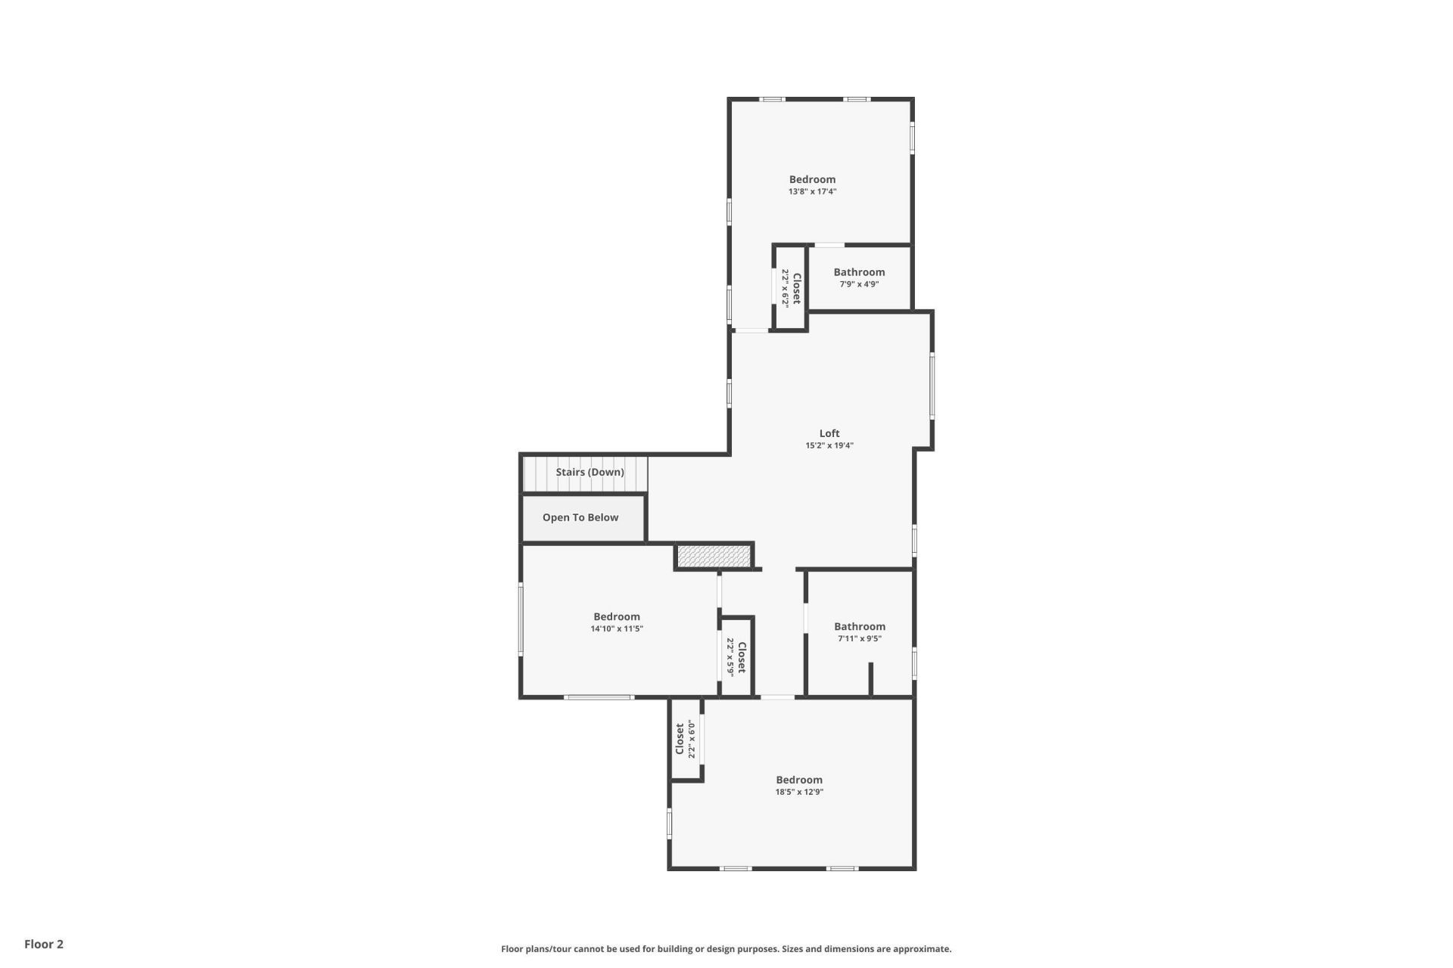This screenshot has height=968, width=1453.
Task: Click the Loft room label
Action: point(829,433)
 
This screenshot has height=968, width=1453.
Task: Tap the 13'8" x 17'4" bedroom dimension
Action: point(812,192)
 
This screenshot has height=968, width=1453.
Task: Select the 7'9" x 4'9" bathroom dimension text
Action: point(859,284)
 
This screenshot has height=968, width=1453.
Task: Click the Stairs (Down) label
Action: point(590,472)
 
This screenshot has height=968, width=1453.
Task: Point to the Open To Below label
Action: point(580,517)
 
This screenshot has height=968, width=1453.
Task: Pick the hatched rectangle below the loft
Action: point(713,556)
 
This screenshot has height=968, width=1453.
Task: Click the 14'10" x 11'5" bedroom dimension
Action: point(617,628)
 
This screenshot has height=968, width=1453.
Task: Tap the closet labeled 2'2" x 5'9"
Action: point(736,656)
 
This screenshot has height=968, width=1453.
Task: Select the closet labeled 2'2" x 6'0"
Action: point(686,739)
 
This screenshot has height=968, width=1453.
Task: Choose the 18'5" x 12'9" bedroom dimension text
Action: point(799,793)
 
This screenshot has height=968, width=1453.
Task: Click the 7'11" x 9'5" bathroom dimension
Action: point(860,638)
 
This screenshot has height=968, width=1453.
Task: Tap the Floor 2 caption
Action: point(44,944)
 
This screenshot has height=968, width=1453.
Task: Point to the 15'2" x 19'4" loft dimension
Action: point(829,445)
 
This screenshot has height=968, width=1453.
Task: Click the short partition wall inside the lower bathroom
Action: point(871,678)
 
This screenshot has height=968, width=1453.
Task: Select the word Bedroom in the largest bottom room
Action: point(799,780)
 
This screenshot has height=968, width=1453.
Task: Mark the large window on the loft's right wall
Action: point(932,386)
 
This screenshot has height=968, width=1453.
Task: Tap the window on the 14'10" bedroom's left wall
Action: point(521,618)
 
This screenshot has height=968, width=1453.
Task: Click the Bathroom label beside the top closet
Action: point(859,272)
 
